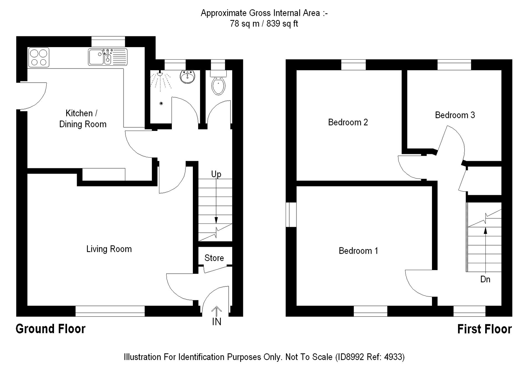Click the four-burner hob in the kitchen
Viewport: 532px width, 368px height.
coord(39,57)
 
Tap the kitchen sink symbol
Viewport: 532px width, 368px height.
coord(108,57)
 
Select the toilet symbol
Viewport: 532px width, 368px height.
coord(218,83)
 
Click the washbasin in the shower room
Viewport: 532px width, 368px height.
coord(188,76)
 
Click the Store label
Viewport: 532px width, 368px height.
coord(214,258)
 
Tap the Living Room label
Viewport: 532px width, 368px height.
coord(109,249)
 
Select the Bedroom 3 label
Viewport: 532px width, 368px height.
coord(455,115)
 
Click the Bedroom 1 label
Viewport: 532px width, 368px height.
coord(358,251)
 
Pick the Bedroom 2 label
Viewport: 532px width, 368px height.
coord(348,122)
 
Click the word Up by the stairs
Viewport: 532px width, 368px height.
coord(216,174)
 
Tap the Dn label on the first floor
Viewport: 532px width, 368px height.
coord(485,279)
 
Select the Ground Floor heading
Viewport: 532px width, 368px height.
coord(50,329)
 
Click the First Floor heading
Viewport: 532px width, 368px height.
coord(484,329)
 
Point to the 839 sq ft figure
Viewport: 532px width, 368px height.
coord(282,24)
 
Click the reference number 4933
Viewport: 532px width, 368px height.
coord(393,357)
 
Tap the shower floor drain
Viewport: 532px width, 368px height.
coord(161,103)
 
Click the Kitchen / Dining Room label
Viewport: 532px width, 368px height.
coord(83,119)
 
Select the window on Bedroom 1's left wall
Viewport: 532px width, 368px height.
coord(291,215)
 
